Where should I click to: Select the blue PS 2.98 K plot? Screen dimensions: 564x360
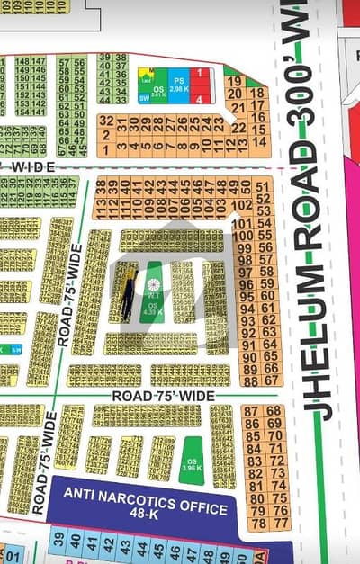click(x=178, y=84)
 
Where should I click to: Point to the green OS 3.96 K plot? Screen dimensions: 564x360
click(x=191, y=460)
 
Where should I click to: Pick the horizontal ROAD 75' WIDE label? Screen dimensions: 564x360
click(x=163, y=396)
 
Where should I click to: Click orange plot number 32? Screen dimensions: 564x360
click(x=107, y=121)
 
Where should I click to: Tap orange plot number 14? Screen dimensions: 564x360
click(x=260, y=141)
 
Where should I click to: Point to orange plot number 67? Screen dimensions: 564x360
click(x=271, y=369)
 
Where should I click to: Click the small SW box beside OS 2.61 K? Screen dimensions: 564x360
click(x=144, y=98)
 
